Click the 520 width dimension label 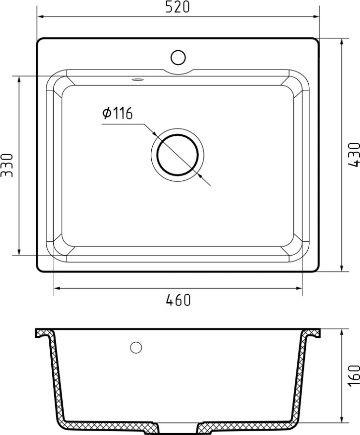tap(178, 7)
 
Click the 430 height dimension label tap(354, 155)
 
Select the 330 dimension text tap(6, 165)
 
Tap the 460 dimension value tap(178, 300)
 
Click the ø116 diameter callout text tap(117, 114)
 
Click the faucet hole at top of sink tap(178, 58)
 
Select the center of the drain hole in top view tap(177, 155)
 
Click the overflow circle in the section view tap(136, 347)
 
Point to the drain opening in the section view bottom tap(178, 428)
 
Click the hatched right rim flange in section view tap(311, 333)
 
